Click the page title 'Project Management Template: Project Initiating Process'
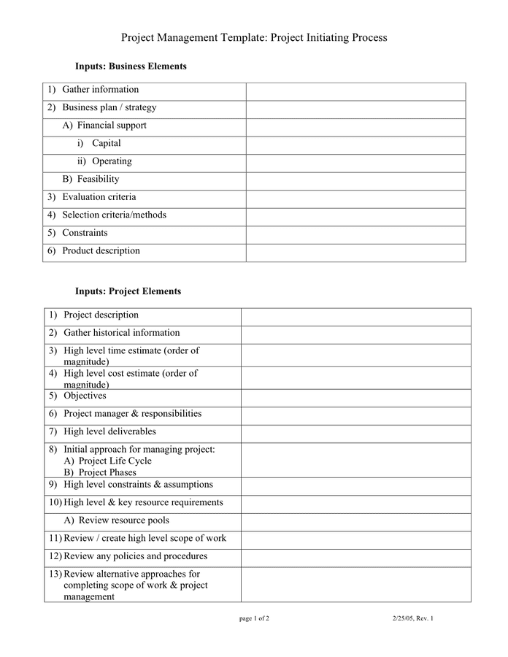254,37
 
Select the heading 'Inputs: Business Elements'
131,66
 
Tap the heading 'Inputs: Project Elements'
128,291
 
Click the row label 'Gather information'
100,90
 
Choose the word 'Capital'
107,143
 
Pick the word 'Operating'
112,161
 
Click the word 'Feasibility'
98,179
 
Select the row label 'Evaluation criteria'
99,197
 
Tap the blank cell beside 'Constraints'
355,234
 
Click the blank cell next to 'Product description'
355,252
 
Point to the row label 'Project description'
101,315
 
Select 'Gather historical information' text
122,333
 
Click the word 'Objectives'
85,396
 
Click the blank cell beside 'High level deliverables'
355,432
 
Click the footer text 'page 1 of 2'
254,619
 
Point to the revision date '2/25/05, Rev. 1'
412,619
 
